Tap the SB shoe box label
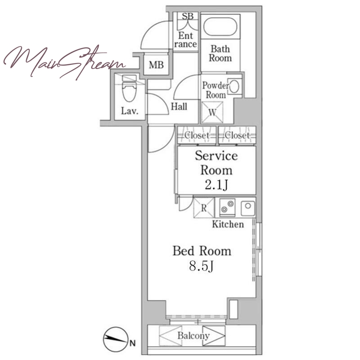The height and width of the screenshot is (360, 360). [188, 16]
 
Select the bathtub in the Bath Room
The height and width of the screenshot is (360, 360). [220, 27]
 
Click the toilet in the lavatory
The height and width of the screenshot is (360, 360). [129, 88]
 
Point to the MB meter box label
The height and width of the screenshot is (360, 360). [156, 65]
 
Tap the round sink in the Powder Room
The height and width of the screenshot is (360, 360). [234, 87]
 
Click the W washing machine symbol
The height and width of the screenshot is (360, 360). [212, 112]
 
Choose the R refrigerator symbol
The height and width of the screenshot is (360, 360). [204, 208]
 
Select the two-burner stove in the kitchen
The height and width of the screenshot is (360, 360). [227, 207]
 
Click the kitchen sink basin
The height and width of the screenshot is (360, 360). [248, 208]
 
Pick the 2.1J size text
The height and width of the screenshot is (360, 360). [216, 185]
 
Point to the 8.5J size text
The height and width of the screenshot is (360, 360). [201, 266]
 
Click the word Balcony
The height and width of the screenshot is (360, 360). [193, 336]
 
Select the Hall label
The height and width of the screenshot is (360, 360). [179, 106]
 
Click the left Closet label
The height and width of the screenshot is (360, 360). [197, 135]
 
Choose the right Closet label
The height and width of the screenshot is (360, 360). [237, 135]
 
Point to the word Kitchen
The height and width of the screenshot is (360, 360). [228, 224]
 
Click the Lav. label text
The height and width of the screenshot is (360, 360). [130, 111]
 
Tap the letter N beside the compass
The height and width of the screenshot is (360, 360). [132, 343]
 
